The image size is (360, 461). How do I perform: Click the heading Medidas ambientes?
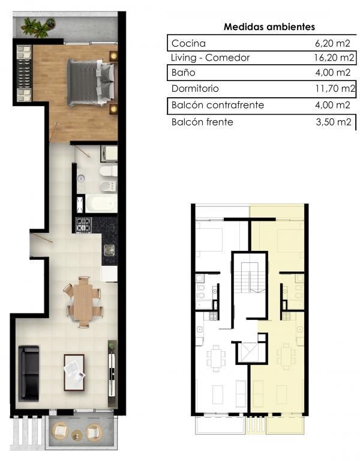pos(269,27)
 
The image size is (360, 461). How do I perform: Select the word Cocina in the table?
pos(188,43)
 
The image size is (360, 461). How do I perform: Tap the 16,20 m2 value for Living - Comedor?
pos(334,58)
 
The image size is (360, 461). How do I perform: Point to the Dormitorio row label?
pos(195,88)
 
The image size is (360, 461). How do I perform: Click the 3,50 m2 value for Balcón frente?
pos(334,122)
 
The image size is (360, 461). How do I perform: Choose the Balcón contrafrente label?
pos(218,105)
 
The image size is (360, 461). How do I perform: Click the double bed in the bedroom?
pos(91,83)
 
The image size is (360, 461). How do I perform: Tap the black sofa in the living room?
pos(29,373)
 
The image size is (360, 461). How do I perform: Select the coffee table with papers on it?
pos(74,373)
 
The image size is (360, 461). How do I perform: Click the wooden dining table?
pos(84,303)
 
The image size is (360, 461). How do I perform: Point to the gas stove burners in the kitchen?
pos(84,225)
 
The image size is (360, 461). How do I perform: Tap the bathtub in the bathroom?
pos(100,203)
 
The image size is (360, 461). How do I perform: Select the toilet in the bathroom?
pos(109,171)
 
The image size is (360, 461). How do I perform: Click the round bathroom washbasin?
pos(81,178)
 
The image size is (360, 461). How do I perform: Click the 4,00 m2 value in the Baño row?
pos(333,72)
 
